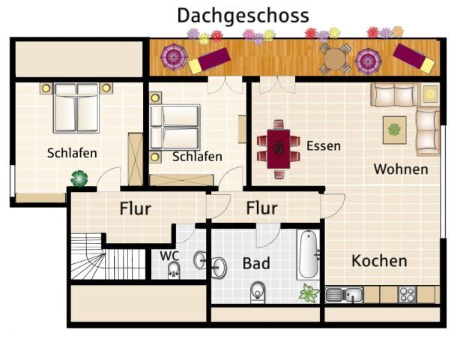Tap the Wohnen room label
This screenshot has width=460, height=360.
tap(401, 169)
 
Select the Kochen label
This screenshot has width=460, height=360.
tap(379, 261)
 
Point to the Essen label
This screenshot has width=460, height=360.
tap(324, 146)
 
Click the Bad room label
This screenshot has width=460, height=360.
tap(256, 263)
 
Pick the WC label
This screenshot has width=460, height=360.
tap(169, 256)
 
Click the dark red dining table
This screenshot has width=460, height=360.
tap(279, 148)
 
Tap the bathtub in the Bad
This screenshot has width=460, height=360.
tap(309, 254)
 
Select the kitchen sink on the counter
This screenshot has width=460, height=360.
tap(344, 295)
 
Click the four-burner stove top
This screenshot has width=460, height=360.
tap(408, 295)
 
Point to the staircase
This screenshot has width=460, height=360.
tap(108, 256)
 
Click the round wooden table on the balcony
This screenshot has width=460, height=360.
tap(335, 58)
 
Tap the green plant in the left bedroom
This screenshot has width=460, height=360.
tap(79, 178)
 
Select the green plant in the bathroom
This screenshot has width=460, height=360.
tap(309, 292)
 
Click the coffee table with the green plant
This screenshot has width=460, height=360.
tap(395, 130)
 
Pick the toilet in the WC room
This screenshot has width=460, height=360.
tap(174, 270)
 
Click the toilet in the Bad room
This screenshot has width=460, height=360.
tap(258, 292)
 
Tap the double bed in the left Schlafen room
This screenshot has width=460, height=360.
tap(76, 108)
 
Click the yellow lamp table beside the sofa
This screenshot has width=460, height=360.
tap(431, 94)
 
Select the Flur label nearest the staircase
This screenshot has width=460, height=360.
tap(136, 208)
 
